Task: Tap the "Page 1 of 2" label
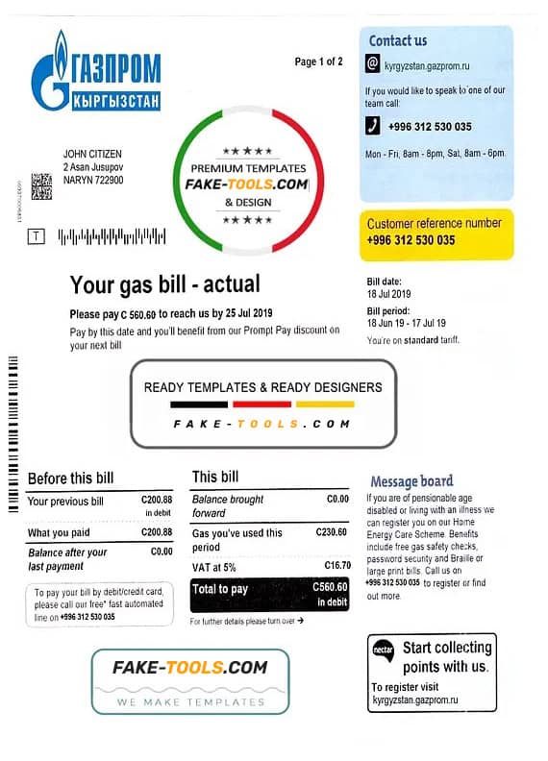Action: pos(318,61)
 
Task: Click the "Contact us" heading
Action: pos(398,40)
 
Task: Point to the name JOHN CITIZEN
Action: pos(92,154)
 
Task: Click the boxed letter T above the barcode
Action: pos(37,234)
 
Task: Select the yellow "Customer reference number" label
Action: pos(435,223)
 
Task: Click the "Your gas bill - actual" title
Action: pos(164,284)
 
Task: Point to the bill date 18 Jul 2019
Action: pos(389,293)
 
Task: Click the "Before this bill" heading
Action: pos(70,479)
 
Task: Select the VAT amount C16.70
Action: pos(336,565)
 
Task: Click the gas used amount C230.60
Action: pos(331,531)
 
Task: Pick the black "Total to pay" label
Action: pos(220,589)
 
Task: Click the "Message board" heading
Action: pos(411,480)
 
